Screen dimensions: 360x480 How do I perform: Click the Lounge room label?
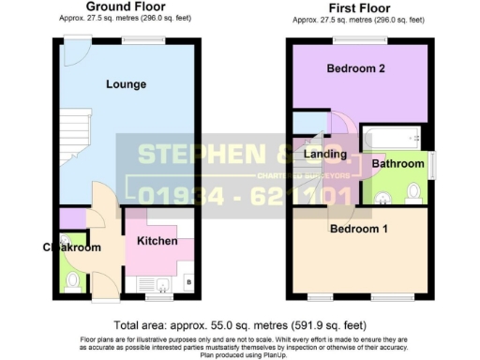click(x=126, y=84)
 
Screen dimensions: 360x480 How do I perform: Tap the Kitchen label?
click(x=157, y=242)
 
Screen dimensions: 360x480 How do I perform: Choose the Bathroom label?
click(x=397, y=163)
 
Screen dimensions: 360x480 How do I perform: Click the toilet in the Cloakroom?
click(x=71, y=278)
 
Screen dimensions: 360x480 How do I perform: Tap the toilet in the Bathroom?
click(x=413, y=193)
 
